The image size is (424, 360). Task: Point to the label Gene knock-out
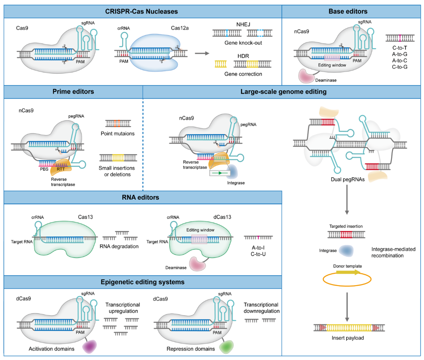[x=238, y=42]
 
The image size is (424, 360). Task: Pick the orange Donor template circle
[x=343, y=279]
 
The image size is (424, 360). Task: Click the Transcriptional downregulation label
[x=261, y=308]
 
